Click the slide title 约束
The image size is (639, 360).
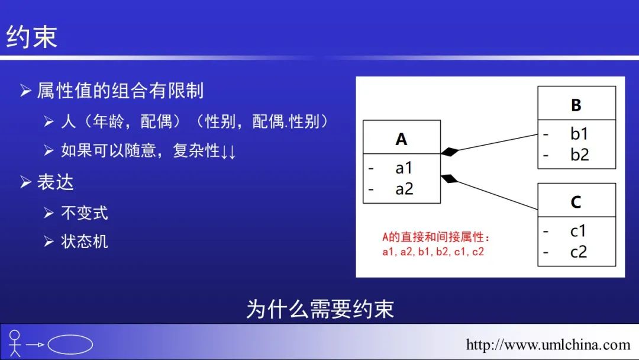point(31,37)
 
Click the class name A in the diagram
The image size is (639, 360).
point(401,139)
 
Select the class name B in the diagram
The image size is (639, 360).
point(576,105)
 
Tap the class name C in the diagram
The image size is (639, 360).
point(576,202)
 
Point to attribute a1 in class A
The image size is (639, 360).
point(404,168)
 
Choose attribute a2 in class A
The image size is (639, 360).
point(404,189)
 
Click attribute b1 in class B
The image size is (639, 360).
point(579,134)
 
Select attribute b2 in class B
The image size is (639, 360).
point(579,155)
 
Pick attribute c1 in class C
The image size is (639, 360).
point(578,231)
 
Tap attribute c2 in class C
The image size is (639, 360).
point(579,252)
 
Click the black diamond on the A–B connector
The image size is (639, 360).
point(450,152)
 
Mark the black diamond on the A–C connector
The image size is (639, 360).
point(450,179)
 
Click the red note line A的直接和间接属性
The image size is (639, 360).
point(435,237)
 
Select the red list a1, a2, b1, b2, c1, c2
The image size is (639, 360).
point(433,252)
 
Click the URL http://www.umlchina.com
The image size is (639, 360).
point(548,345)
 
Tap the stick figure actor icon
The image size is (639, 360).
point(15,343)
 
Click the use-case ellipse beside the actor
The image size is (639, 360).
point(70,345)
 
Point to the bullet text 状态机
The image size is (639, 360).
point(85,242)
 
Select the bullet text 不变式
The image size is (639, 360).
point(85,213)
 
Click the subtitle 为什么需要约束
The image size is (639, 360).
point(320,309)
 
